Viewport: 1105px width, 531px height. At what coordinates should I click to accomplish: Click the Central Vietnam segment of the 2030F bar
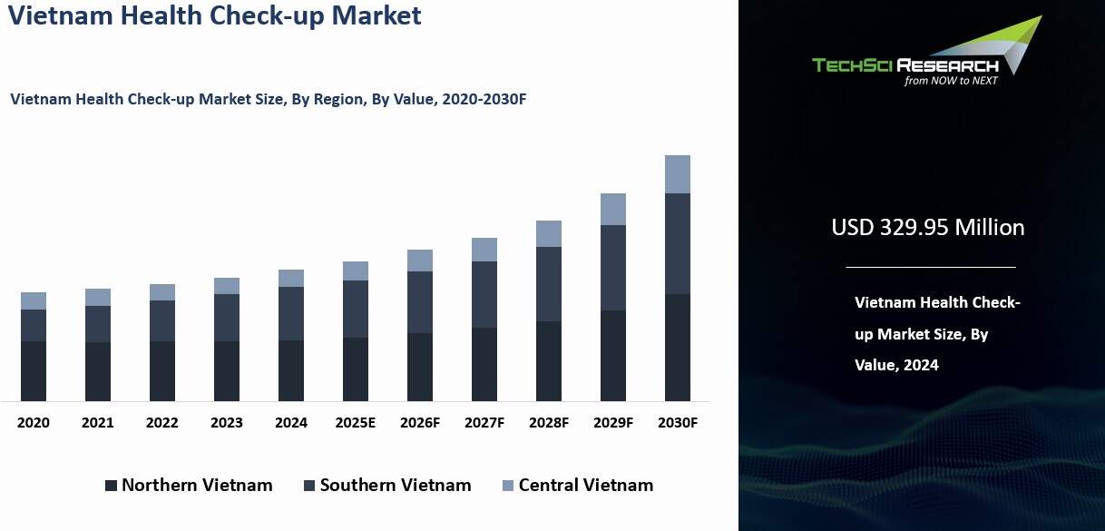[x=678, y=174]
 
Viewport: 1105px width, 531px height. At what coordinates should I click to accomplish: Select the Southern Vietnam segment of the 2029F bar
[x=613, y=268]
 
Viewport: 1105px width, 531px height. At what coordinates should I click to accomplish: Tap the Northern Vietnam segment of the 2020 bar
[x=34, y=370]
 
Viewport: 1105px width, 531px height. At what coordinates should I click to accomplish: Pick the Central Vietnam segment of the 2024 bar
[x=291, y=278]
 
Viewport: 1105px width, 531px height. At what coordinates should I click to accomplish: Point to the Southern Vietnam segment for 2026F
[x=420, y=302]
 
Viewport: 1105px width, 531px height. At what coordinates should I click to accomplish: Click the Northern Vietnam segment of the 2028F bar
[x=549, y=360]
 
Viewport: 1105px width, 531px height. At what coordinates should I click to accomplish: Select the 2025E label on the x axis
[x=356, y=423]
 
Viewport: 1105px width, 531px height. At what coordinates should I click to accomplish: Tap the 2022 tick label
[x=162, y=423]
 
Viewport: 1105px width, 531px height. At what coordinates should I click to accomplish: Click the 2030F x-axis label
[x=678, y=423]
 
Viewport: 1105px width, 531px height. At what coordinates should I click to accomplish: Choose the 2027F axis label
[x=484, y=423]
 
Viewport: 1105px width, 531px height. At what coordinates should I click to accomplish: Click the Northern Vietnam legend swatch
[x=111, y=486]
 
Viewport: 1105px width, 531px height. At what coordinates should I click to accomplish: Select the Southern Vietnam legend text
[x=396, y=486]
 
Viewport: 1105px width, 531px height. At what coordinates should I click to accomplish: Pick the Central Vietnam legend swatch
[x=508, y=486]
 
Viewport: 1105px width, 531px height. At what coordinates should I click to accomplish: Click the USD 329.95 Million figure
[x=928, y=227]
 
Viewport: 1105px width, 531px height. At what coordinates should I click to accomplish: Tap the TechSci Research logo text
[x=905, y=64]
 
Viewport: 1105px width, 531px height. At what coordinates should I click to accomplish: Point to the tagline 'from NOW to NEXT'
[x=950, y=81]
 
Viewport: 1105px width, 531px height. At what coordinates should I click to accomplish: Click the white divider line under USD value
[x=930, y=267]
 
